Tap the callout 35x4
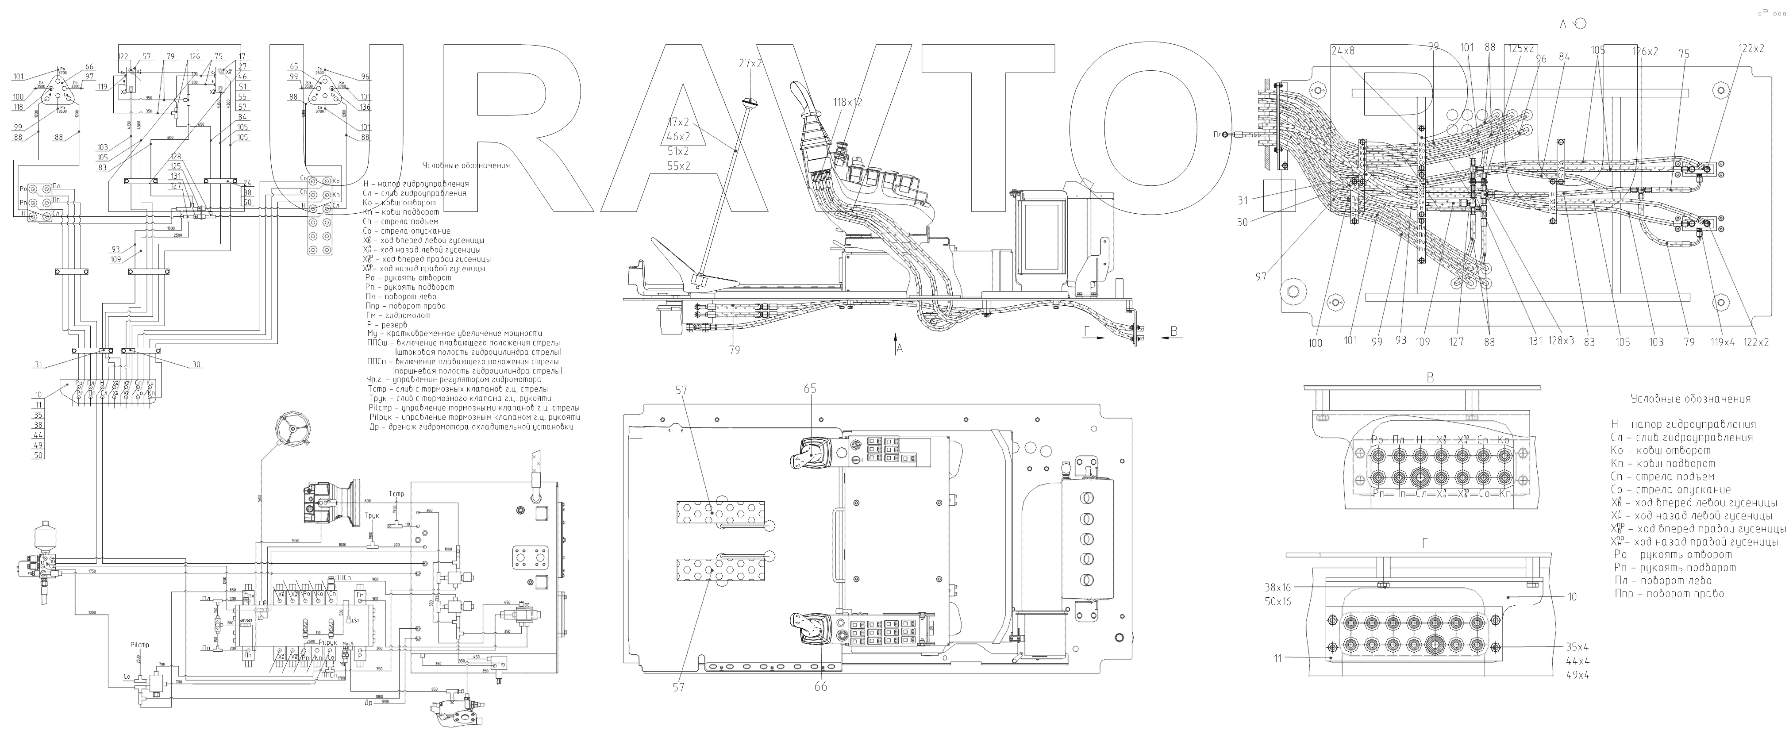point(1577,646)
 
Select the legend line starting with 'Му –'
point(455,334)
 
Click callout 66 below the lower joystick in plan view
point(821,687)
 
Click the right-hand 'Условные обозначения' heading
point(1690,399)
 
